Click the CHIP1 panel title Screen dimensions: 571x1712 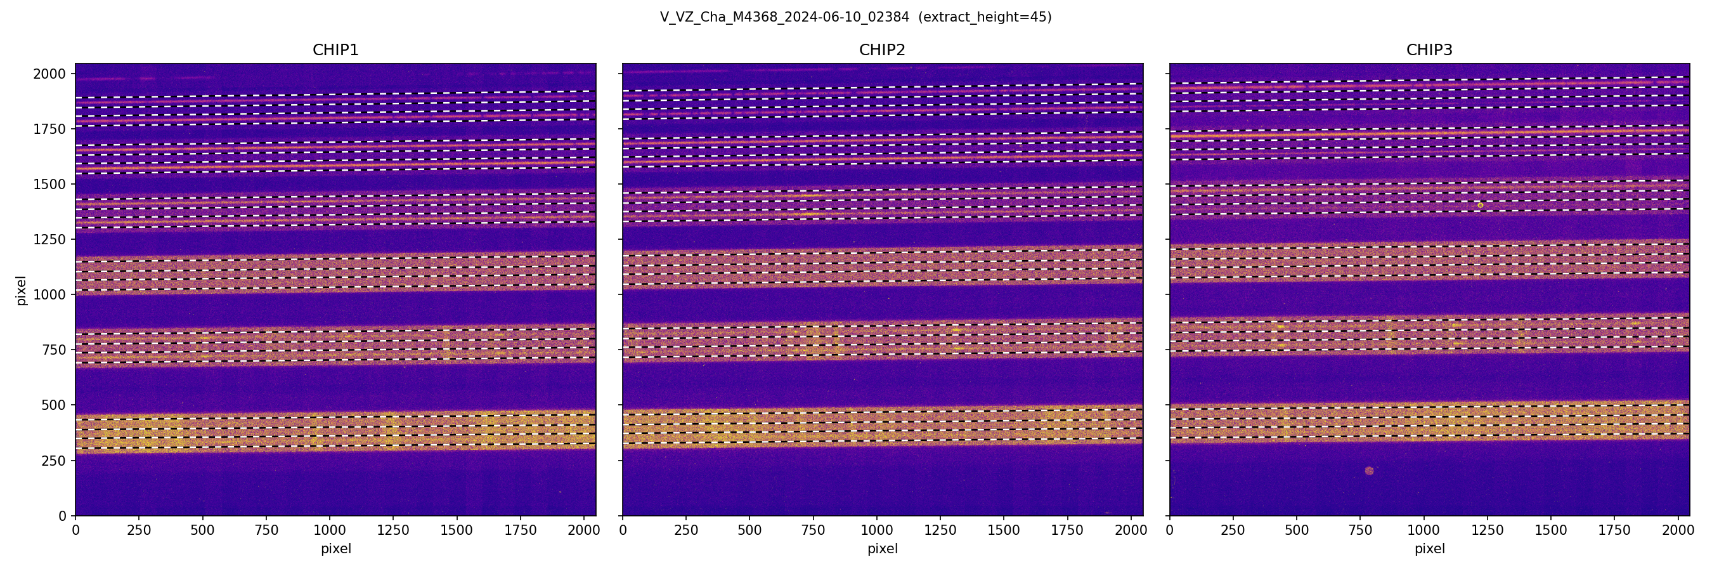(335, 50)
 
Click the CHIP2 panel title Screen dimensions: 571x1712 (882, 50)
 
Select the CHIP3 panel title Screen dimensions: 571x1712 (1429, 50)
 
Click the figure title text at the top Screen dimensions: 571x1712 (855, 17)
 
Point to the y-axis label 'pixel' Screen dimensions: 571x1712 (22, 291)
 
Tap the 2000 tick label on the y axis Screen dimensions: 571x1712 (49, 74)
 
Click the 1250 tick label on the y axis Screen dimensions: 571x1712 (49, 239)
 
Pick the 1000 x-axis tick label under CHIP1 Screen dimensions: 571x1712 (330, 530)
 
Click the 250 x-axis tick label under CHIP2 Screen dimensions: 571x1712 (686, 530)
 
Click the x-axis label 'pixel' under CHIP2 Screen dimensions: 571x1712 (882, 549)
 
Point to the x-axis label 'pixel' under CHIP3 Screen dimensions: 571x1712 (1429, 549)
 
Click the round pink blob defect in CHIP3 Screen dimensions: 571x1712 (1369, 471)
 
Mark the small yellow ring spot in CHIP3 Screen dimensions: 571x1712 (1480, 206)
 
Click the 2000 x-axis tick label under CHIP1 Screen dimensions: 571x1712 (583, 530)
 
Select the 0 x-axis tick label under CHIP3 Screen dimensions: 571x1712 (1170, 530)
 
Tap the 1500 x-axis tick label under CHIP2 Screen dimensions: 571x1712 (1004, 530)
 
